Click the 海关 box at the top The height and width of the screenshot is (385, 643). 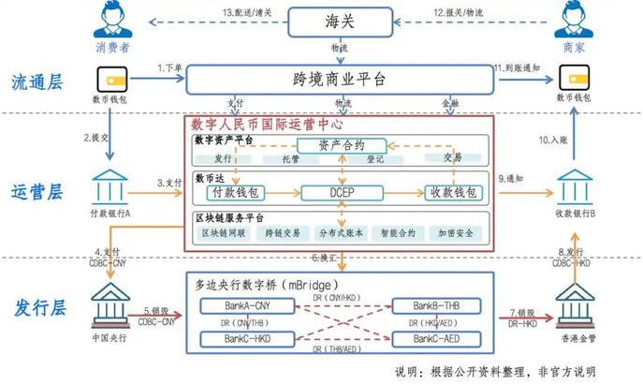339,19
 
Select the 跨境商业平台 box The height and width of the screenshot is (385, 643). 339,80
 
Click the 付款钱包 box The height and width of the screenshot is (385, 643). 238,193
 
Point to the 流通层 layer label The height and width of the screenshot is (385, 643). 38,82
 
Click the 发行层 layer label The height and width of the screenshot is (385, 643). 38,305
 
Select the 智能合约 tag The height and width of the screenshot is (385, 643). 398,232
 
